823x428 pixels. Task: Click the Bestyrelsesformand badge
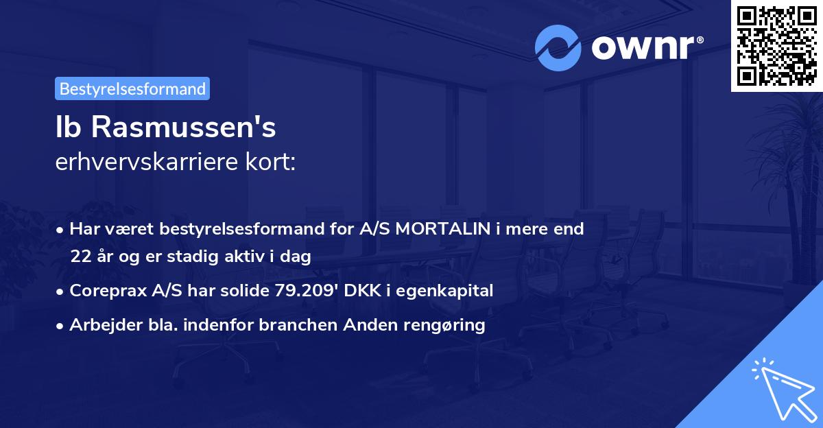[x=132, y=88]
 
